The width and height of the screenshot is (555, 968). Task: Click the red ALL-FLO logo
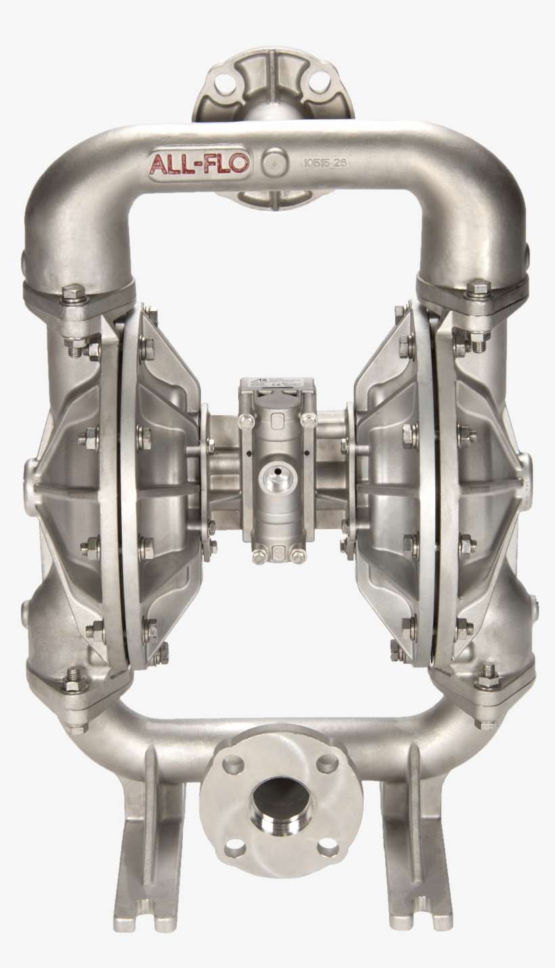pos(200,164)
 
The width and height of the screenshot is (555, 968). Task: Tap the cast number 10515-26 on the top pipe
pos(324,163)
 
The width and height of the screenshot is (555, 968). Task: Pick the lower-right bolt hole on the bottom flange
pos(328,847)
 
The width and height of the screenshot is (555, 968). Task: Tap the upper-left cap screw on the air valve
pos(247,421)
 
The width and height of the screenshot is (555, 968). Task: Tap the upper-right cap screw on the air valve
pos(309,421)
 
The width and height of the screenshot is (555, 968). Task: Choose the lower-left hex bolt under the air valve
pos(259,557)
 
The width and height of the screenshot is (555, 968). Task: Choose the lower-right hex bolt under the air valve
pos(298,556)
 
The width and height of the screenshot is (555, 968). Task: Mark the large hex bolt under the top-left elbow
pos(74,294)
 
